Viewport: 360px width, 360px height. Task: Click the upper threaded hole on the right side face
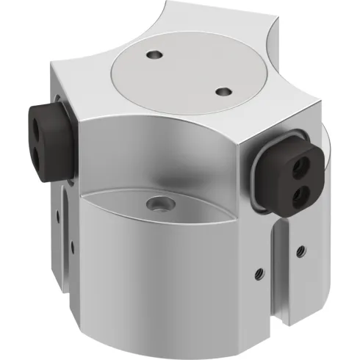coord(300,249)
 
